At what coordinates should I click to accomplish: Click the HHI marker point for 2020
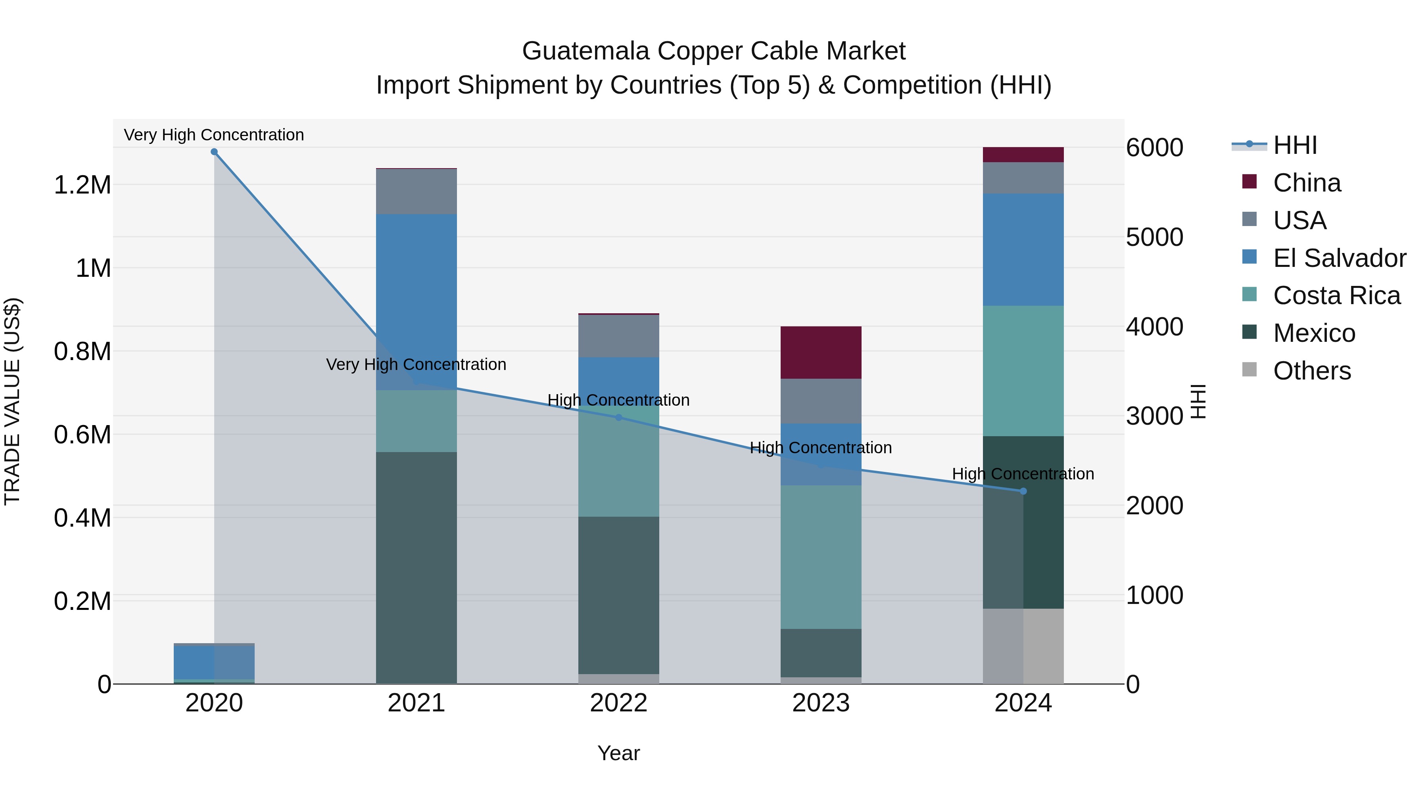click(x=214, y=152)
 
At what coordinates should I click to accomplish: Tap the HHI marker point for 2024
click(x=1023, y=491)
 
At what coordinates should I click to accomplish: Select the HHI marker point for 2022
click(x=619, y=417)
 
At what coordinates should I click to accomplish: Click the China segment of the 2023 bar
click(x=821, y=353)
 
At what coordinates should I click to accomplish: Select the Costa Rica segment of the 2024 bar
click(x=1023, y=371)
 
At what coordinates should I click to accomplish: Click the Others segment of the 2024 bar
click(x=1023, y=646)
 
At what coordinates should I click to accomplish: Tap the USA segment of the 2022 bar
click(x=619, y=336)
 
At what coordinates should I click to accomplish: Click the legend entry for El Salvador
click(x=1339, y=258)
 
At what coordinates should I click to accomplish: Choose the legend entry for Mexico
click(x=1314, y=333)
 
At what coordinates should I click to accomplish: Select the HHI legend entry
click(x=1295, y=145)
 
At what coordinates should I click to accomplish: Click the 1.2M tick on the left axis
click(x=83, y=185)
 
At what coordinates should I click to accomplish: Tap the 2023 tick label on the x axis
click(x=821, y=703)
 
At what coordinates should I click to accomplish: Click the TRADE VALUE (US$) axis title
click(x=12, y=401)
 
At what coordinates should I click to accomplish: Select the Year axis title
click(x=619, y=753)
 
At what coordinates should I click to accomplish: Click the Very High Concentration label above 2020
click(x=214, y=135)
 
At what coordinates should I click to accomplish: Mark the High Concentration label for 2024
click(x=1023, y=474)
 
